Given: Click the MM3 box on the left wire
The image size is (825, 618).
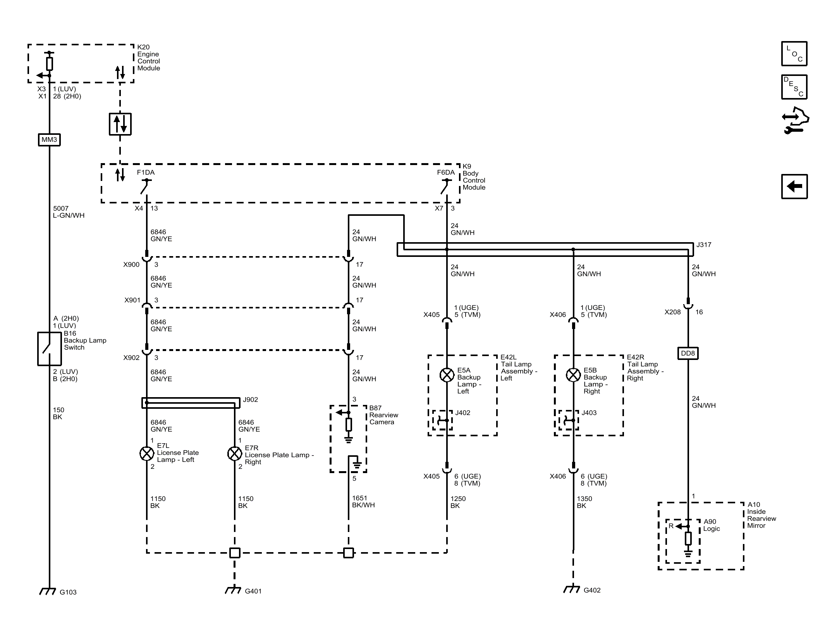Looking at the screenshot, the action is (49, 140).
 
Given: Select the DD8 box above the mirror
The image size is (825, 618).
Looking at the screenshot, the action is (688, 353).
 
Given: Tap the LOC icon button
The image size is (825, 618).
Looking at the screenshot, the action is (794, 54).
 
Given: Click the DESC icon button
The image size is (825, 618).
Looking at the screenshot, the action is (794, 87).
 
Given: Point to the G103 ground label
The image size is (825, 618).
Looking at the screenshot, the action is (68, 592).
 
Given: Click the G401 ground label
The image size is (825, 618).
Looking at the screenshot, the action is (253, 591).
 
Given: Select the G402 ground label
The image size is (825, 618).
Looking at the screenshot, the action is (592, 590).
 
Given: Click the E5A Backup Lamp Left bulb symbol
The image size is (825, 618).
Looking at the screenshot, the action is (447, 375).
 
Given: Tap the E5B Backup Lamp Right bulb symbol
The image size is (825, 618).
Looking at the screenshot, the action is (573, 375).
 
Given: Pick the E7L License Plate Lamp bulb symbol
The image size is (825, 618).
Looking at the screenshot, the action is (147, 453).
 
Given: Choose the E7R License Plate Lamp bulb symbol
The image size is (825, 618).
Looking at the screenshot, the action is (235, 453).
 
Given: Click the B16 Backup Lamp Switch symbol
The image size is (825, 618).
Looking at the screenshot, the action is (49, 349).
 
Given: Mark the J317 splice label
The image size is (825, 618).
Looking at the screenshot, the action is (704, 245).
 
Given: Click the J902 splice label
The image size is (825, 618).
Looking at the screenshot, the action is (250, 400).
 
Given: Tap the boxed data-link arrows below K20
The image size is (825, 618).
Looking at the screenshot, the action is (120, 124).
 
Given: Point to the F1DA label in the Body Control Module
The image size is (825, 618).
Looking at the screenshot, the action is (146, 172).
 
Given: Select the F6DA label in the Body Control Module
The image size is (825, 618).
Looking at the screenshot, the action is (446, 172).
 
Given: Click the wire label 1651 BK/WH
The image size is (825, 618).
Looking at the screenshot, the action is (363, 502).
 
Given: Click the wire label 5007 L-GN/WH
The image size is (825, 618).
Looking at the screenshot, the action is (69, 212).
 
